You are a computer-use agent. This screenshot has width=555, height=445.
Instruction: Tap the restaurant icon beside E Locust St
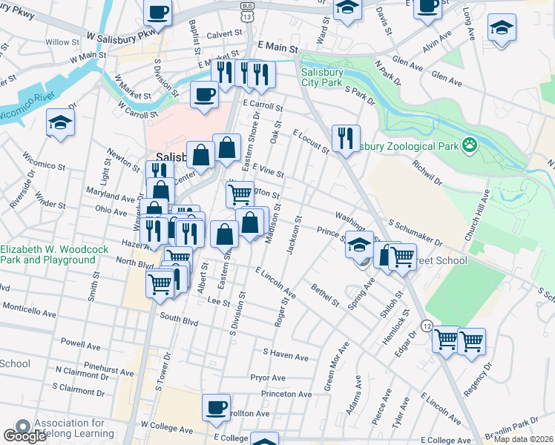pos(346,138)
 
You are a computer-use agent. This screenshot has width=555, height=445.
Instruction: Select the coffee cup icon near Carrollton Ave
pos(216,407)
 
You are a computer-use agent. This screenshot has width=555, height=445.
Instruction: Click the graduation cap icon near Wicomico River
pos(60,123)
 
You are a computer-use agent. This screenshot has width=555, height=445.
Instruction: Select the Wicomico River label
pos(28,105)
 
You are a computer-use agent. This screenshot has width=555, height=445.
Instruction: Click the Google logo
pos(24,435)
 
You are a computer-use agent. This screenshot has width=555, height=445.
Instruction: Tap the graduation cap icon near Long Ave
pos(502,29)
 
